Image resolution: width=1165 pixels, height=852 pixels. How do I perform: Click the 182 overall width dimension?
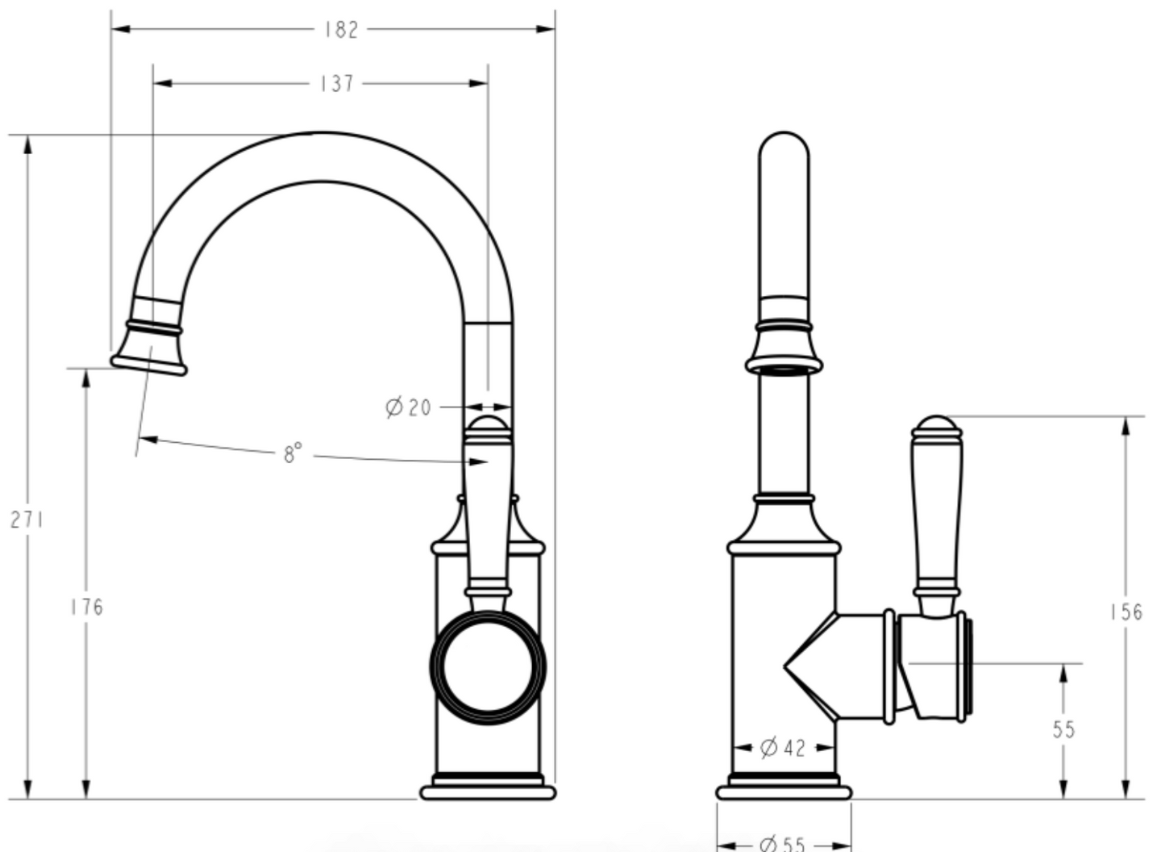pyautogui.click(x=341, y=30)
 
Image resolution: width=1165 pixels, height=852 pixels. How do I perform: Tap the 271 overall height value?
pyautogui.click(x=27, y=520)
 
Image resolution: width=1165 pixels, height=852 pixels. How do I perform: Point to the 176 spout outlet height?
pyautogui.click(x=86, y=607)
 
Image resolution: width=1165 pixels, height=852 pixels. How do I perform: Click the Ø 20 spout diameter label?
pyautogui.click(x=410, y=407)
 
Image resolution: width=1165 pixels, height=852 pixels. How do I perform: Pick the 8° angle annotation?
pyautogui.click(x=293, y=453)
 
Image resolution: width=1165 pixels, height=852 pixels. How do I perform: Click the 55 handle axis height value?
pyautogui.click(x=1063, y=729)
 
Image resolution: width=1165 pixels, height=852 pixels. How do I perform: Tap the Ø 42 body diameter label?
pyautogui.click(x=783, y=748)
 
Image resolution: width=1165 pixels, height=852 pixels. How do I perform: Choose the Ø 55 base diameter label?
pyautogui.click(x=783, y=844)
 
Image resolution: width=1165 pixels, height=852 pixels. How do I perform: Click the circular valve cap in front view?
pyautogui.click(x=488, y=666)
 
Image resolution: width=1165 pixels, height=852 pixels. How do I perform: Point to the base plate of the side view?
pyautogui.click(x=784, y=792)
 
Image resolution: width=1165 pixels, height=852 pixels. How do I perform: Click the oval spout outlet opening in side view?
pyautogui.click(x=784, y=369)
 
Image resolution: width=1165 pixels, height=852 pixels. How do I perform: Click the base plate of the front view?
pyautogui.click(x=488, y=792)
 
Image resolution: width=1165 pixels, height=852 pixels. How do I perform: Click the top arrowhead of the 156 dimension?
pyautogui.click(x=1125, y=425)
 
